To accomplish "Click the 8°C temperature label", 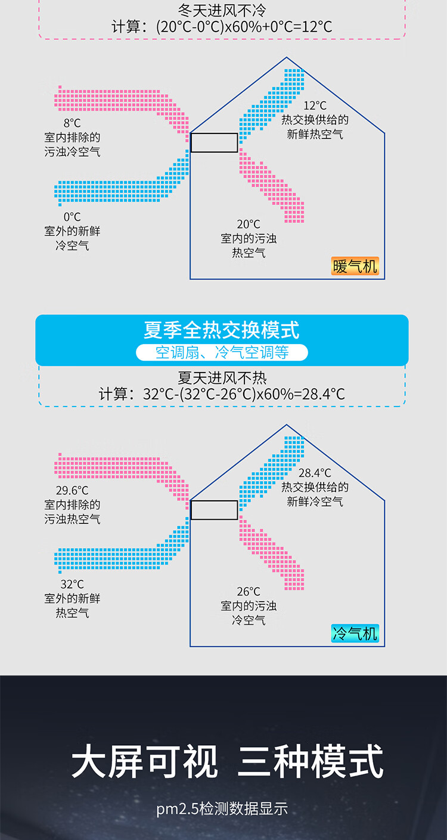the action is pyautogui.click(x=72, y=123).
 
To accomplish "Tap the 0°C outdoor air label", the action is pyautogui.click(x=72, y=217).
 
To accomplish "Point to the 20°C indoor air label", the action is pyautogui.click(x=249, y=224).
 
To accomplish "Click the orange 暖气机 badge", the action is pyautogui.click(x=355, y=266).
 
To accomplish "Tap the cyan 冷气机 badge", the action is pyautogui.click(x=355, y=633).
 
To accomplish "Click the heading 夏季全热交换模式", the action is pyautogui.click(x=222, y=330).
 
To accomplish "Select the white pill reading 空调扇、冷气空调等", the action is pyautogui.click(x=222, y=352).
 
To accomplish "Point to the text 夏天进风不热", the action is pyautogui.click(x=222, y=378).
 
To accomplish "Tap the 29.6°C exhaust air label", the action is pyautogui.click(x=72, y=491).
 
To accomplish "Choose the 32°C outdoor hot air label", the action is pyautogui.click(x=72, y=584).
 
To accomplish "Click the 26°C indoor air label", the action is pyautogui.click(x=249, y=591).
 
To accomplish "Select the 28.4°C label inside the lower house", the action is pyautogui.click(x=315, y=473).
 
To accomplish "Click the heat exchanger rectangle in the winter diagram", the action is pyautogui.click(x=214, y=142).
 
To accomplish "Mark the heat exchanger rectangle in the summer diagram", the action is pyautogui.click(x=214, y=510).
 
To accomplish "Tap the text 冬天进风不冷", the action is pyautogui.click(x=222, y=11).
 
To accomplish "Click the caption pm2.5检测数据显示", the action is pyautogui.click(x=222, y=809).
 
